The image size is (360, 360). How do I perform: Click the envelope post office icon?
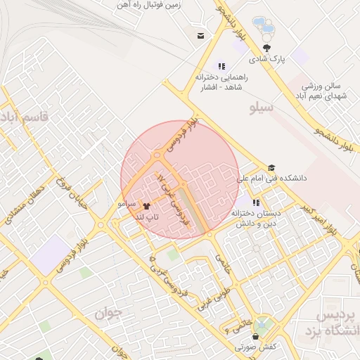pyautogui.click(x=202, y=36)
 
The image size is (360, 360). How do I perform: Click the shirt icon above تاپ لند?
pyautogui.click(x=147, y=207)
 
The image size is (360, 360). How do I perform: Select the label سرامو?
pyautogui.click(x=127, y=203)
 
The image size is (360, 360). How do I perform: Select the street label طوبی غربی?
pyautogui.click(x=209, y=300)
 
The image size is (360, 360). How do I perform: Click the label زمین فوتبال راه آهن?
pyautogui.click(x=155, y=5)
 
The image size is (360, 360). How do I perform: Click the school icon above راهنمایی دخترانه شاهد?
pyautogui.click(x=222, y=65)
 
